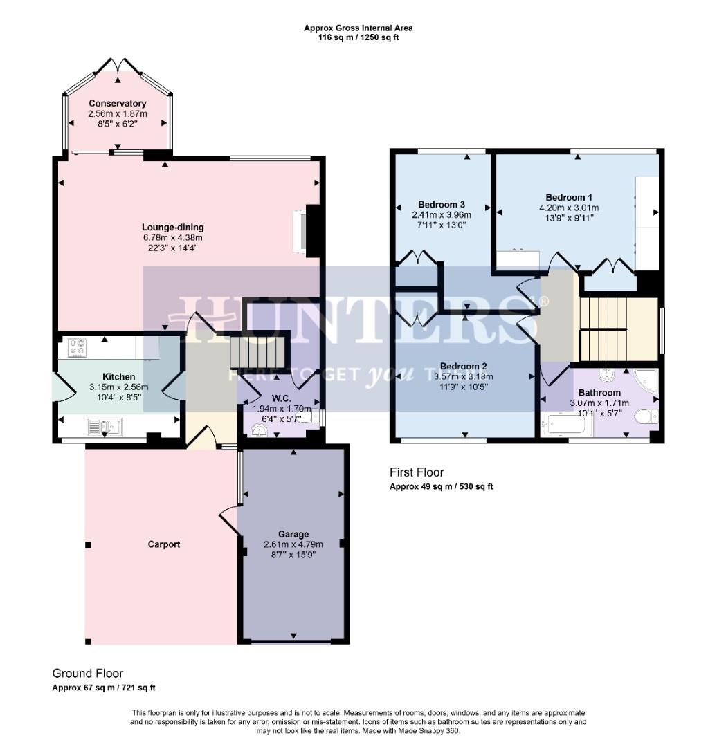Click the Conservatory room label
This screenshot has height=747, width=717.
[117, 104]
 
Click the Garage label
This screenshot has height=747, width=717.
[293, 534]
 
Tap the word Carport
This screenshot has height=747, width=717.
[164, 544]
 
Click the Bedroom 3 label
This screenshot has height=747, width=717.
[442, 204]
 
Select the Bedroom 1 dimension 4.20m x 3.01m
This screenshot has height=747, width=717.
[569, 207]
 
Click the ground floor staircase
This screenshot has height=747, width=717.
[257, 351]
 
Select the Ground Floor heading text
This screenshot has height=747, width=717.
[88, 673]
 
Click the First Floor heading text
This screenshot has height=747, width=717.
[416, 472]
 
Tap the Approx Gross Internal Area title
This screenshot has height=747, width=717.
[358, 28]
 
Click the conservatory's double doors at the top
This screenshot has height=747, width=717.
[118, 66]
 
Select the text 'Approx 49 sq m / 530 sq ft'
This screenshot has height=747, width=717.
[441, 486]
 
